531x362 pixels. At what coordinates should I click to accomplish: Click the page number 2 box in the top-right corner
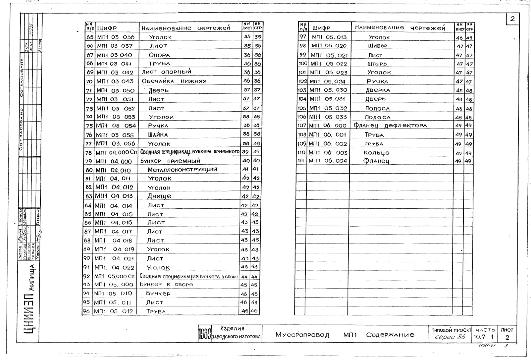tap(512, 19)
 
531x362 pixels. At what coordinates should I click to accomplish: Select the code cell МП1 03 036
tap(116, 37)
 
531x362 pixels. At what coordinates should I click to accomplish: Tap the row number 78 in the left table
tap(88, 152)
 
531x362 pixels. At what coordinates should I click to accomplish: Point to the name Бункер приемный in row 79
tap(170, 161)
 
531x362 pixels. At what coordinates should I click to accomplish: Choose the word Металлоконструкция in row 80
tap(182, 169)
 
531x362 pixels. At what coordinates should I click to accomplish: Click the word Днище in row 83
tap(159, 196)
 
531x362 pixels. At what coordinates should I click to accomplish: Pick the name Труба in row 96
tap(156, 311)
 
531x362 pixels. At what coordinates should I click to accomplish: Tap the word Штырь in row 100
tap(377, 64)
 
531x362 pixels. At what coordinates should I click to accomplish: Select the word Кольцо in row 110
tap(376, 153)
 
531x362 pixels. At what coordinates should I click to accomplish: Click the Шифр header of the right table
tap(321, 28)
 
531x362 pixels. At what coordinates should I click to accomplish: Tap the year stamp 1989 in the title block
tap(205, 334)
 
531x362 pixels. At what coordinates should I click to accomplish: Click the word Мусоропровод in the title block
tap(302, 335)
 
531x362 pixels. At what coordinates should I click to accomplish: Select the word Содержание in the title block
tap(390, 335)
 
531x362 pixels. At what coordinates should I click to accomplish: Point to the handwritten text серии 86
tap(450, 337)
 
